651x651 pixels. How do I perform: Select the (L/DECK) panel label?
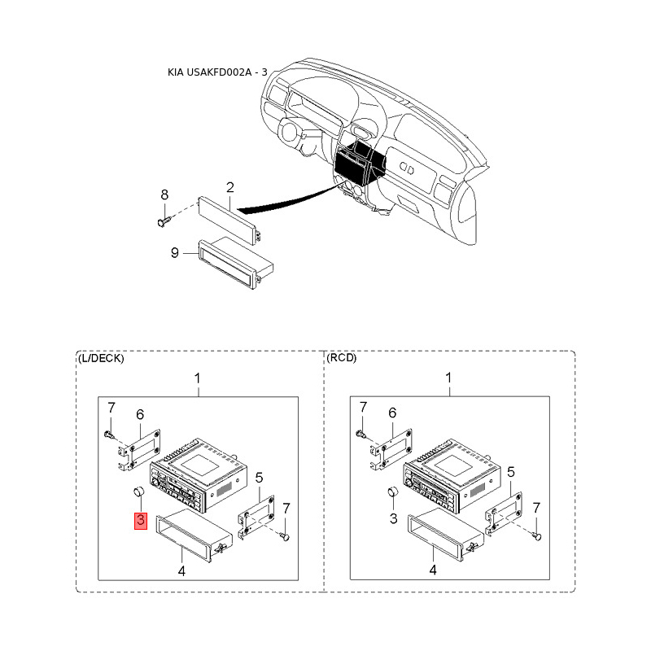click(x=101, y=358)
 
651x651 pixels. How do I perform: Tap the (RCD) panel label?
click(x=341, y=358)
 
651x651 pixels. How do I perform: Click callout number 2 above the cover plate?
click(x=230, y=188)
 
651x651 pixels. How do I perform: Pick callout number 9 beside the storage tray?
click(x=174, y=253)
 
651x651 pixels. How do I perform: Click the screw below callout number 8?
click(x=162, y=218)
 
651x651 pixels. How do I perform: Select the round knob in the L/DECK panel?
click(x=138, y=492)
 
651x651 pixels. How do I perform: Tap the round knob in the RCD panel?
click(x=391, y=492)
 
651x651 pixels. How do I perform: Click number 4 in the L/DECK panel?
click(x=182, y=571)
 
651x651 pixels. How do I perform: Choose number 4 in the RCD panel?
click(x=433, y=571)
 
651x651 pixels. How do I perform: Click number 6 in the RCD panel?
click(x=394, y=414)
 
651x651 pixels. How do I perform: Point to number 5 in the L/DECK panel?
click(x=259, y=477)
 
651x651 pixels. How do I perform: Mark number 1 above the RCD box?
click(x=448, y=378)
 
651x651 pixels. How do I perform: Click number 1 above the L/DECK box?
click(x=197, y=378)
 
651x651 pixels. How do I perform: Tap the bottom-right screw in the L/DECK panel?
click(x=285, y=535)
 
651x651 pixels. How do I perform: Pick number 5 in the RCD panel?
click(x=510, y=472)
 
